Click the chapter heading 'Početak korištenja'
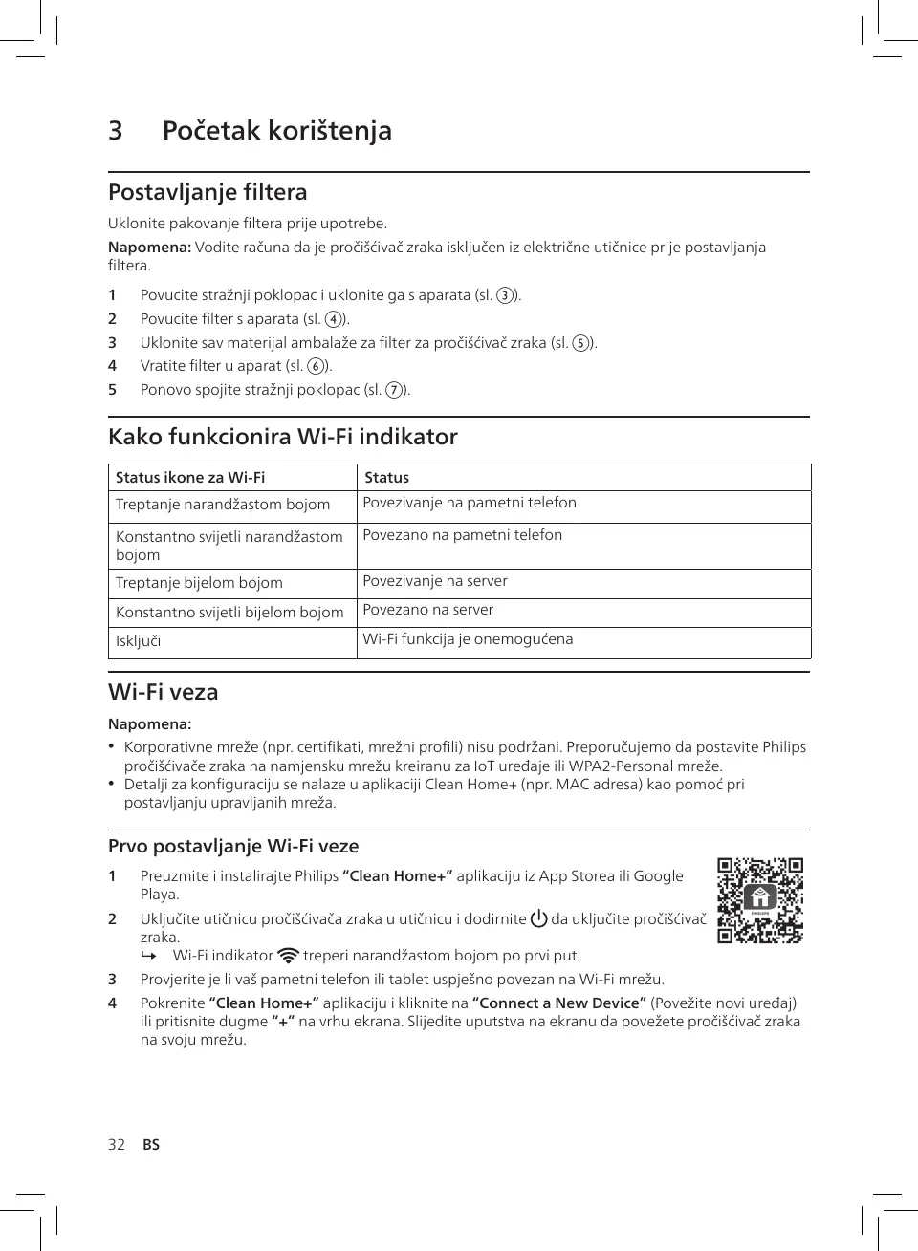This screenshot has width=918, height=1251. click(x=276, y=131)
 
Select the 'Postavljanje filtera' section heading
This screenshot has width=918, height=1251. click(x=208, y=192)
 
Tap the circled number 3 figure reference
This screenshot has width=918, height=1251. click(x=504, y=295)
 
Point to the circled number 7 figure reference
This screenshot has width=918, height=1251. click(x=393, y=390)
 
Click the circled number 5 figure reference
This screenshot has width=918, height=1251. click(x=579, y=343)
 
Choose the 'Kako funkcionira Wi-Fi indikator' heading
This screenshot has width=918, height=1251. click(x=283, y=437)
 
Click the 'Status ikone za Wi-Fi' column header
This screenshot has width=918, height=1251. click(x=190, y=478)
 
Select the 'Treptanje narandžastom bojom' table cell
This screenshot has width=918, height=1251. click(x=223, y=505)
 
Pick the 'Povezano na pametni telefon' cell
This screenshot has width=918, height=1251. click(x=462, y=535)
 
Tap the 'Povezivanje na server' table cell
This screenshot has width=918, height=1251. click(x=435, y=581)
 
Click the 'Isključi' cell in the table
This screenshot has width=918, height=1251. click(x=139, y=641)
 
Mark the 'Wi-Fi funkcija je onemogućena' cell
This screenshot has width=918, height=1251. click(x=468, y=639)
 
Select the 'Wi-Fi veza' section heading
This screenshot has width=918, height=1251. click(x=164, y=692)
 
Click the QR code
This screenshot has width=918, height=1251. click(x=760, y=900)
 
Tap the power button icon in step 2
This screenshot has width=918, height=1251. click(x=538, y=919)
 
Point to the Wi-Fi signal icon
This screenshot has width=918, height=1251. click(x=288, y=956)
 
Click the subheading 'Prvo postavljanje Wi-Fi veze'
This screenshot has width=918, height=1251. click(x=233, y=846)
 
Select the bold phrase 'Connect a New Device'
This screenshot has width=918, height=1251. click(x=559, y=1003)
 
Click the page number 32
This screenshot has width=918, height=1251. click(x=117, y=1145)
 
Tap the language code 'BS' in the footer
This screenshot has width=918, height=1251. click(x=151, y=1145)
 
